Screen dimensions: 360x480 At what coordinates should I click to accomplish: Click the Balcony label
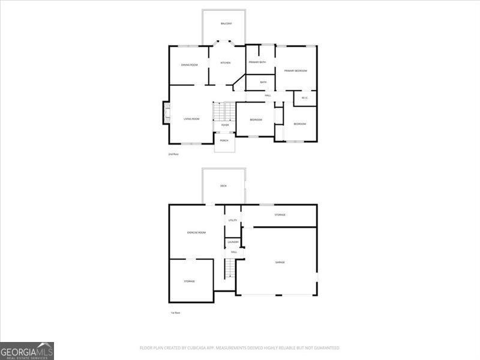(226, 23)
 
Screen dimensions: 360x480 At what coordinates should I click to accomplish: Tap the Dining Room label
(190, 65)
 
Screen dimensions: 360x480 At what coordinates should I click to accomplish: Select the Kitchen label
(226, 63)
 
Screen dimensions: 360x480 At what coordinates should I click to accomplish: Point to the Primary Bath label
(257, 62)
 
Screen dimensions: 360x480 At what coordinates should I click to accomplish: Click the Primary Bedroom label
(296, 71)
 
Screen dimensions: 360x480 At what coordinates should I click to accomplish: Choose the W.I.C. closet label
(305, 98)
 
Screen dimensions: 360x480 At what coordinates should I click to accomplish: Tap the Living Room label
(191, 119)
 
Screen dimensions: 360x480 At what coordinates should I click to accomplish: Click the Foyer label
(225, 125)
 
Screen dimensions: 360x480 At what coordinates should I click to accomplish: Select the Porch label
(224, 140)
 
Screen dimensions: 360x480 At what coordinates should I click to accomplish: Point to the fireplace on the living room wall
(166, 112)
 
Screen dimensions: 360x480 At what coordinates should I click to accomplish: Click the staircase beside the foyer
(224, 112)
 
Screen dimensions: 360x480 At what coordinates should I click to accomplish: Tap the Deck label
(223, 186)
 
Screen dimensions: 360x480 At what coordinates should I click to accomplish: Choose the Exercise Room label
(197, 232)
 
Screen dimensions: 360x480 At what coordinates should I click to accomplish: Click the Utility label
(233, 220)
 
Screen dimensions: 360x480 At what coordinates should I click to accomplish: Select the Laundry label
(233, 242)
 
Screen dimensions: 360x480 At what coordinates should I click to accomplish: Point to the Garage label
(280, 262)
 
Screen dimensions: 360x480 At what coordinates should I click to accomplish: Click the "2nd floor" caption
(173, 154)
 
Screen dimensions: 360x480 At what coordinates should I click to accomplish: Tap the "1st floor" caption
(175, 313)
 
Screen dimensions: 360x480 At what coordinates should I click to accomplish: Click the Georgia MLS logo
(27, 350)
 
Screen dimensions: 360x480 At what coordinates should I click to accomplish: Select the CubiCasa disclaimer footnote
(239, 348)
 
